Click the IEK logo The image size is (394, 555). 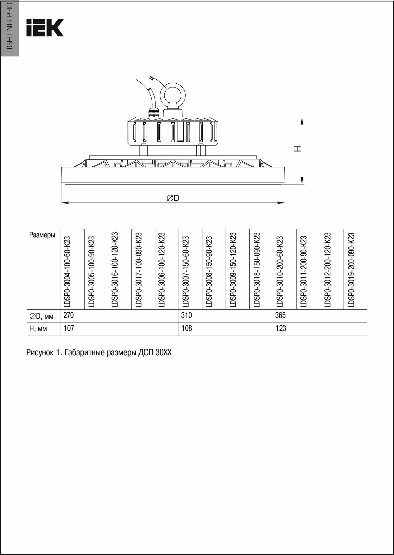click(45, 28)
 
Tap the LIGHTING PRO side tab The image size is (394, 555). click(10, 28)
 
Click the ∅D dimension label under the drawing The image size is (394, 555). click(173, 198)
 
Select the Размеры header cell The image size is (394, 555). click(42, 235)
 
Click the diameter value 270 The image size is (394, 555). click(69, 316)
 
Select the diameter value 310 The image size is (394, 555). click(187, 316)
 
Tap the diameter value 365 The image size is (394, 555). click(281, 316)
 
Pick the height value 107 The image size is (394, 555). click(69, 328)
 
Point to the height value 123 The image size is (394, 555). click(281, 328)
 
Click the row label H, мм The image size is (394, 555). click(38, 329)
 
